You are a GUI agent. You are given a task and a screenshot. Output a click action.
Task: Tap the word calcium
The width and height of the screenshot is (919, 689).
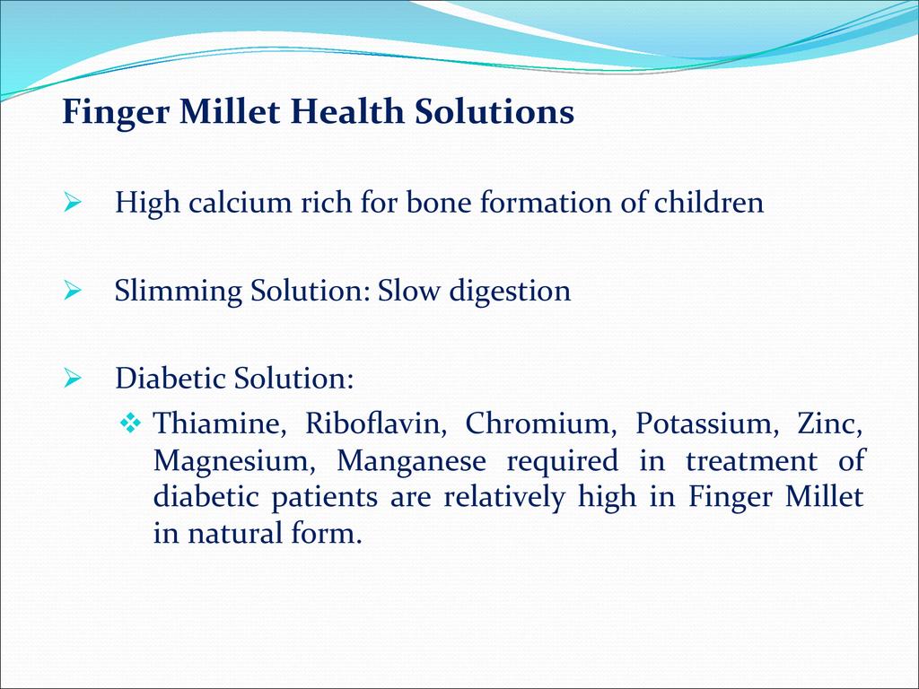[x=240, y=202]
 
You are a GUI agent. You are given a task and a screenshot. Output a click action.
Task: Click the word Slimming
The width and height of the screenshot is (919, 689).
[x=179, y=292]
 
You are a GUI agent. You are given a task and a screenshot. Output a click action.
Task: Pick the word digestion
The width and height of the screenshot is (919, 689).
[x=510, y=292]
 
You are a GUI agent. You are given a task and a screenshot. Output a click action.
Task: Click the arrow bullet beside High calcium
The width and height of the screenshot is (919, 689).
[x=72, y=204]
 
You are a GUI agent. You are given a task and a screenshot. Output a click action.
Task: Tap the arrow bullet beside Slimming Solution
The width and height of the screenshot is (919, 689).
[x=72, y=291]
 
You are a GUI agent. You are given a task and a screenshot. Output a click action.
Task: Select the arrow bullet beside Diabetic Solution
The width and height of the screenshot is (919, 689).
[x=72, y=379]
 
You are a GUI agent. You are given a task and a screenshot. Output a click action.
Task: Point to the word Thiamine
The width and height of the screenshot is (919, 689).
[x=219, y=423]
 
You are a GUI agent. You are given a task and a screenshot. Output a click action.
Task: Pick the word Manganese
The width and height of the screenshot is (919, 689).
[x=411, y=460]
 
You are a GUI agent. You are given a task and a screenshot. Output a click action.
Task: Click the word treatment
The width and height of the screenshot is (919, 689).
[x=751, y=460]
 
